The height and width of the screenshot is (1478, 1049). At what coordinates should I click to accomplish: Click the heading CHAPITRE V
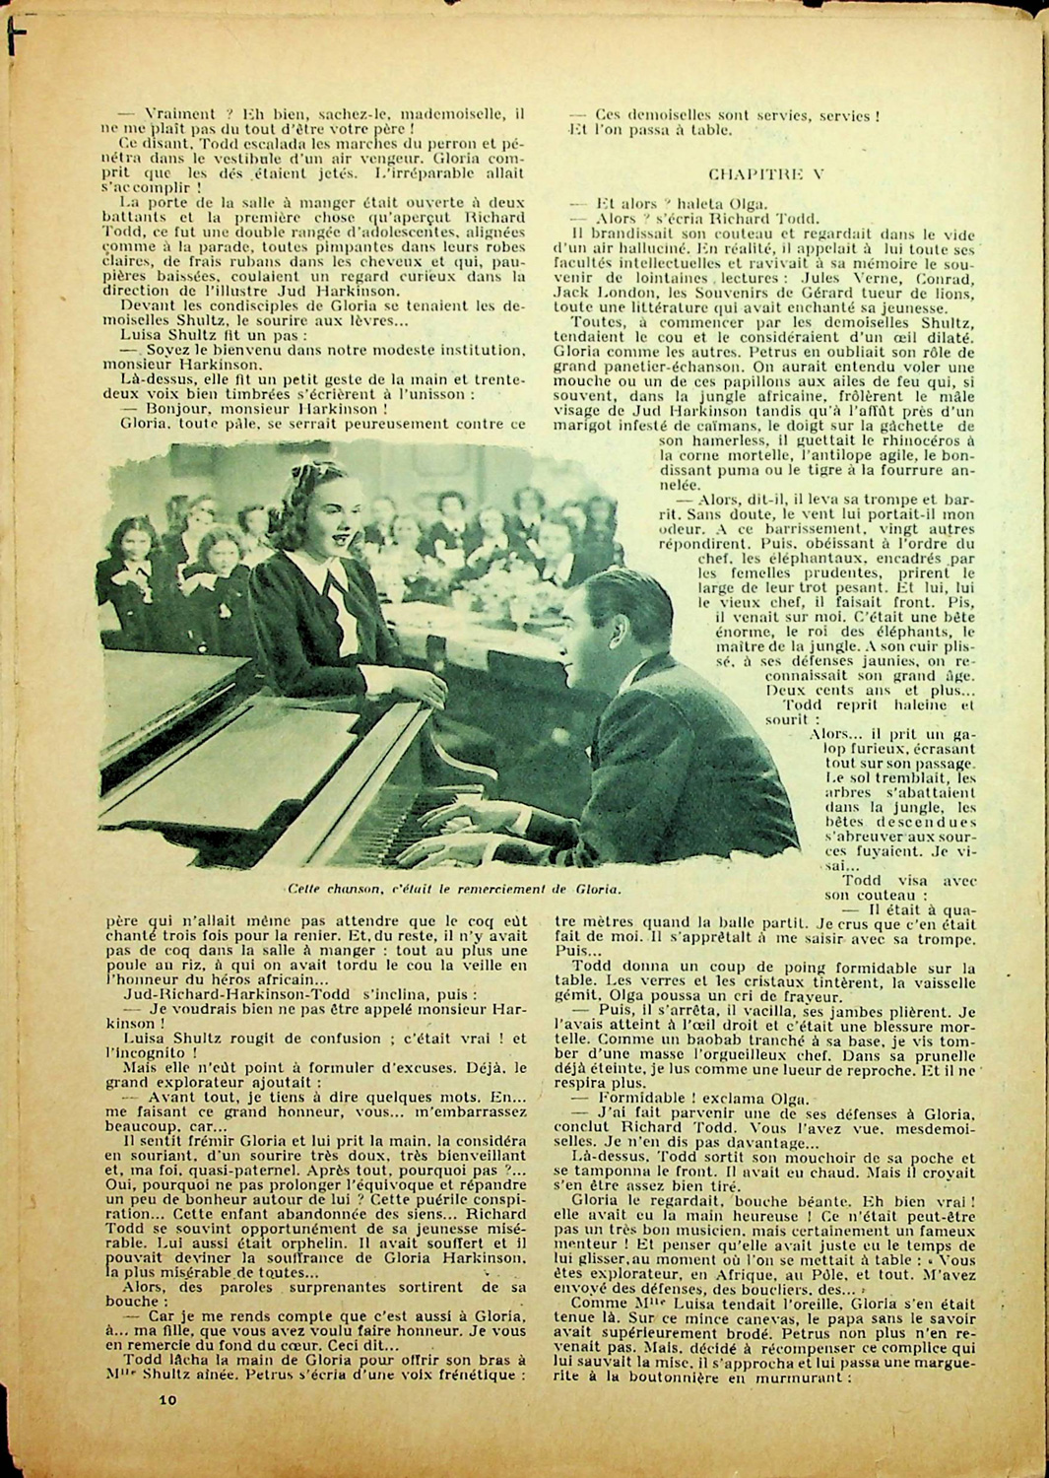pyautogui.click(x=766, y=173)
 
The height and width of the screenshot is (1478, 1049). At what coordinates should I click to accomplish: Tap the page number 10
pyautogui.click(x=166, y=1398)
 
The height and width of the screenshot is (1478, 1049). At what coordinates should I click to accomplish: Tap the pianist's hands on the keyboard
pyautogui.click(x=473, y=828)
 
